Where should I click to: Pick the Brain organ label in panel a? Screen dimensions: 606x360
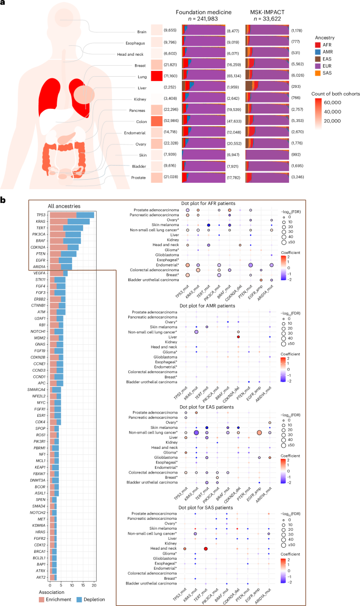pyautogui.click(x=141, y=31)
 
